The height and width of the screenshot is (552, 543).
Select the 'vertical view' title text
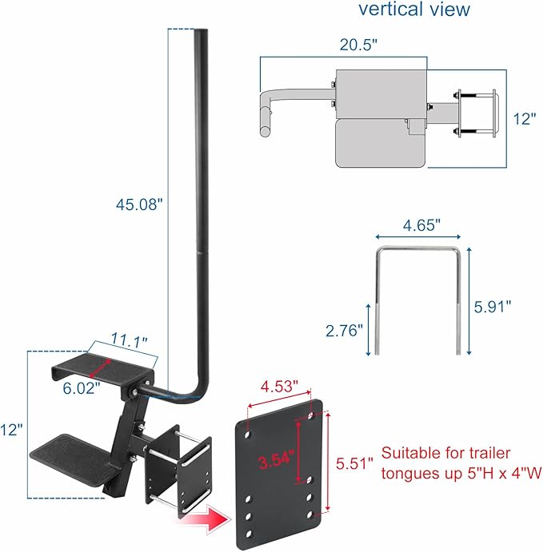coord(414,10)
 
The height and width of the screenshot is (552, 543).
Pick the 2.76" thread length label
coord(345,329)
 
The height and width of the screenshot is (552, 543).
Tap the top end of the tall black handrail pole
coord(200,33)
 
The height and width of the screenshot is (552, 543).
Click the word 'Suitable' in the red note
coord(409,452)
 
